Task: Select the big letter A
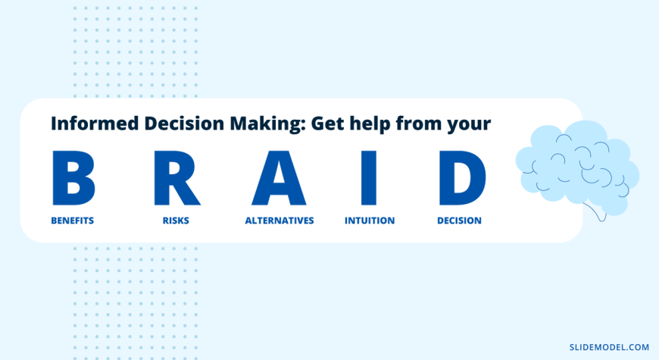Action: pos(279,178)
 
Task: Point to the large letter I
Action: pos(369,178)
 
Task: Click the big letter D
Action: pos(461,178)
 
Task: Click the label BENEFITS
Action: pos(72,221)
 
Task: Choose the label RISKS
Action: pos(176,221)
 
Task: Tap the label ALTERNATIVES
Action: pos(280,221)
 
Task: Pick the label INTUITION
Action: pos(370,221)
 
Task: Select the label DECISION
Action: pos(459,221)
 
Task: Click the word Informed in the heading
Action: pos(95,124)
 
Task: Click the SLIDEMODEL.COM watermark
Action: pos(610,347)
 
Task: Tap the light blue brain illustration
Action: pos(577,168)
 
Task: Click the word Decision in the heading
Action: pos(184,124)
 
